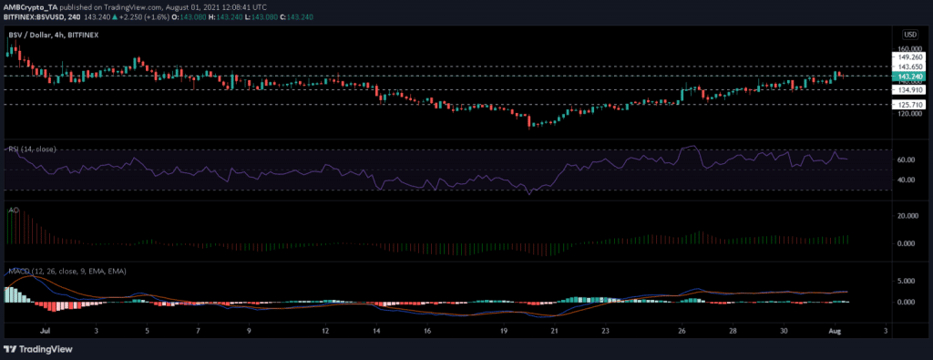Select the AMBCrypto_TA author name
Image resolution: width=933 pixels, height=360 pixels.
[x=35, y=6]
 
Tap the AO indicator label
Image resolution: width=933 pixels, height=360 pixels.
[x=13, y=209]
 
